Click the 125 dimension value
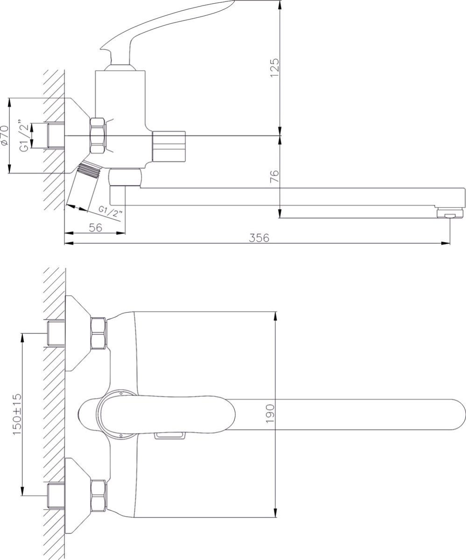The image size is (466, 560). click(275, 68)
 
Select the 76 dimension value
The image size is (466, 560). click(275, 176)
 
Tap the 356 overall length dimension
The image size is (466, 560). click(259, 238)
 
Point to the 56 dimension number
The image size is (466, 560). click(96, 227)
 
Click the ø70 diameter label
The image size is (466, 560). click(5, 135)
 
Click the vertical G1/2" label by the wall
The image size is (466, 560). click(24, 135)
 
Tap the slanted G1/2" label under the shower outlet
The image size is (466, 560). click(110, 212)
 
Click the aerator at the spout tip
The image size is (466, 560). click(450, 213)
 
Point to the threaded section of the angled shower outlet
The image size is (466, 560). click(88, 170)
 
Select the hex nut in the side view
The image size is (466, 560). click(98, 136)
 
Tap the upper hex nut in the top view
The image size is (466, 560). click(99, 333)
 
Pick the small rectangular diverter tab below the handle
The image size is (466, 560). click(169, 435)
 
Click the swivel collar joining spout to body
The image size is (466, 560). click(125, 177)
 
